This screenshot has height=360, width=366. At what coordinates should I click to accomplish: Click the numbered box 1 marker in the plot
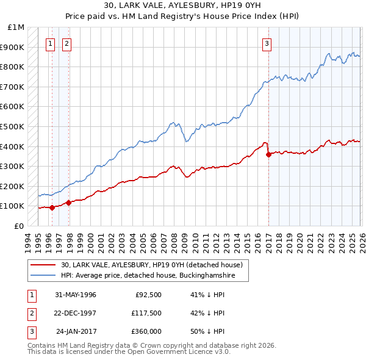click(49, 43)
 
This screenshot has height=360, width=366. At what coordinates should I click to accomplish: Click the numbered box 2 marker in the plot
click(66, 43)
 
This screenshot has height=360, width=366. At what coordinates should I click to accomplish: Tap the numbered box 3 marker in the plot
click(267, 43)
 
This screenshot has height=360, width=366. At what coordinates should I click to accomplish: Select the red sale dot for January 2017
click(269, 154)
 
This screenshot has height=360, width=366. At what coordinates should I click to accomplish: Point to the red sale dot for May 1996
click(52, 207)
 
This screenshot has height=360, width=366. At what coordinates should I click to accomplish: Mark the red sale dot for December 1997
click(68, 203)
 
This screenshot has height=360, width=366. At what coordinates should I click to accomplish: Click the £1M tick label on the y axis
click(16, 27)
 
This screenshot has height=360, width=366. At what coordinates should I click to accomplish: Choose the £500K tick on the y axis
click(13, 127)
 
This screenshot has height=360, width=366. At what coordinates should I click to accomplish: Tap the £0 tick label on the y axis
click(19, 226)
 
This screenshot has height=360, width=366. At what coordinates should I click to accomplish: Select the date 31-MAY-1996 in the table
click(76, 295)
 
